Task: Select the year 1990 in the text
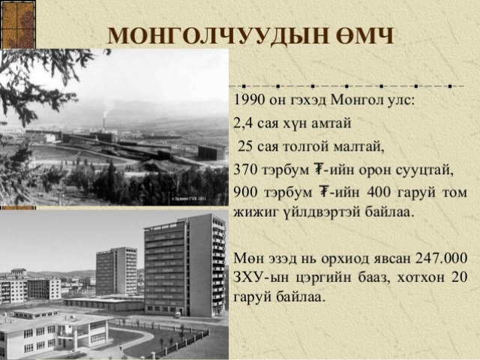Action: [248, 100]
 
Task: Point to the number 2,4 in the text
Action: [243, 124]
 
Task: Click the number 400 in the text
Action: [379, 192]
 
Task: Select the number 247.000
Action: [441, 259]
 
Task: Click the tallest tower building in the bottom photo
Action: [186, 265]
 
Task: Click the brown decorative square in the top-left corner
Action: [18, 24]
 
